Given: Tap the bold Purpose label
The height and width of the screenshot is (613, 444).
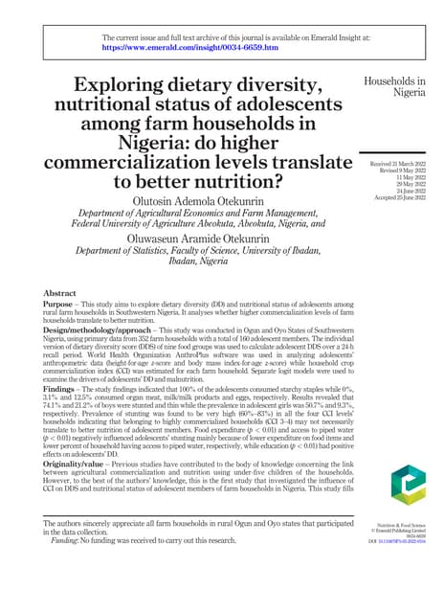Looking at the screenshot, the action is click(x=62, y=304).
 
